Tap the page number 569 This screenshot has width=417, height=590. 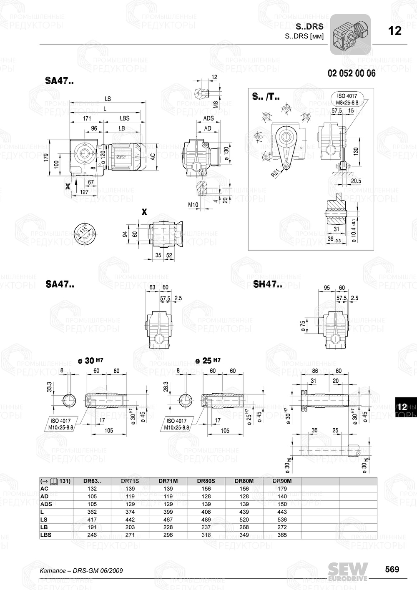[392, 570]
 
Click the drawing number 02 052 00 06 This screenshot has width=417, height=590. [351, 73]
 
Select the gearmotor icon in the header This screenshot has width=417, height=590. [350, 35]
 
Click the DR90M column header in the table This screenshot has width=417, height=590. [282, 481]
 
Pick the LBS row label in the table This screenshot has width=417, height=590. [46, 535]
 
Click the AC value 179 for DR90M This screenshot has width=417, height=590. [282, 489]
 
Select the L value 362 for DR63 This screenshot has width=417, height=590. [92, 512]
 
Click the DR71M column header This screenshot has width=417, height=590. [168, 481]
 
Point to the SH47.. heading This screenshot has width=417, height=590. [267, 285]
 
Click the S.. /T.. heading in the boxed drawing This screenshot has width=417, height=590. [266, 97]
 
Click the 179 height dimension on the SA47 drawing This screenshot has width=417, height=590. [46, 158]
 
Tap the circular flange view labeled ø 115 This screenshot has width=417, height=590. [85, 235]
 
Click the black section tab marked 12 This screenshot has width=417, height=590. [402, 407]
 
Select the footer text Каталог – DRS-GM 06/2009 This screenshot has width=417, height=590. [81, 570]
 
